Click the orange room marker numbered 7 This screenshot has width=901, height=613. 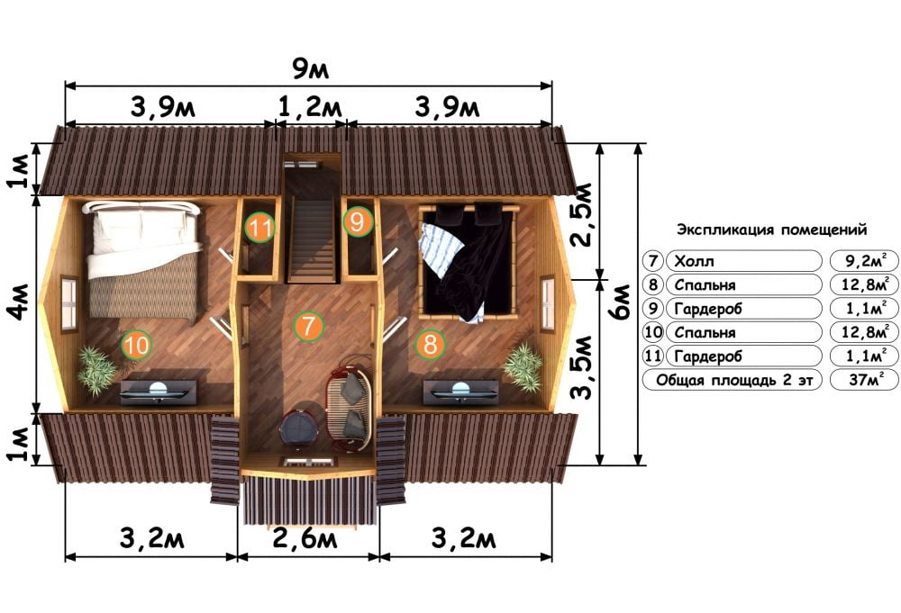coord(308,326)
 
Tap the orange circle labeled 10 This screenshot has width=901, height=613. coord(136,346)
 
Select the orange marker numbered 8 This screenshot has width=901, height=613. coord(430,345)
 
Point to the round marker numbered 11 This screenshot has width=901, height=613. coord(259,228)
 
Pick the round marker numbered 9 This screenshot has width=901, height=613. coord(358,221)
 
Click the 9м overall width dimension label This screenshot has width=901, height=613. coord(310,69)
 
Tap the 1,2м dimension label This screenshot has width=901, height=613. coord(310,107)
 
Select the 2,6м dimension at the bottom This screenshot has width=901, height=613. coord(305,539)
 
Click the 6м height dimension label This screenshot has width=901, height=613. coord(623,303)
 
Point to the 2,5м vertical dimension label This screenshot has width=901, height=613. coord(583,215)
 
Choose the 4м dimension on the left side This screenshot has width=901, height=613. coord(18,302)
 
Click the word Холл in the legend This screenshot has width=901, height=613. coord(694,262)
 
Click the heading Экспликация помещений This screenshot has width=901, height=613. coord(772,230)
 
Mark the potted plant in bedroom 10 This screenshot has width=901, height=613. coord(96,370)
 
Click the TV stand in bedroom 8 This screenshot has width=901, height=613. coord(460,392)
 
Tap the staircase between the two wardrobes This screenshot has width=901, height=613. coord(311,239)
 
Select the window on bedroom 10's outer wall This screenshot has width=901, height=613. coord(69,304)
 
